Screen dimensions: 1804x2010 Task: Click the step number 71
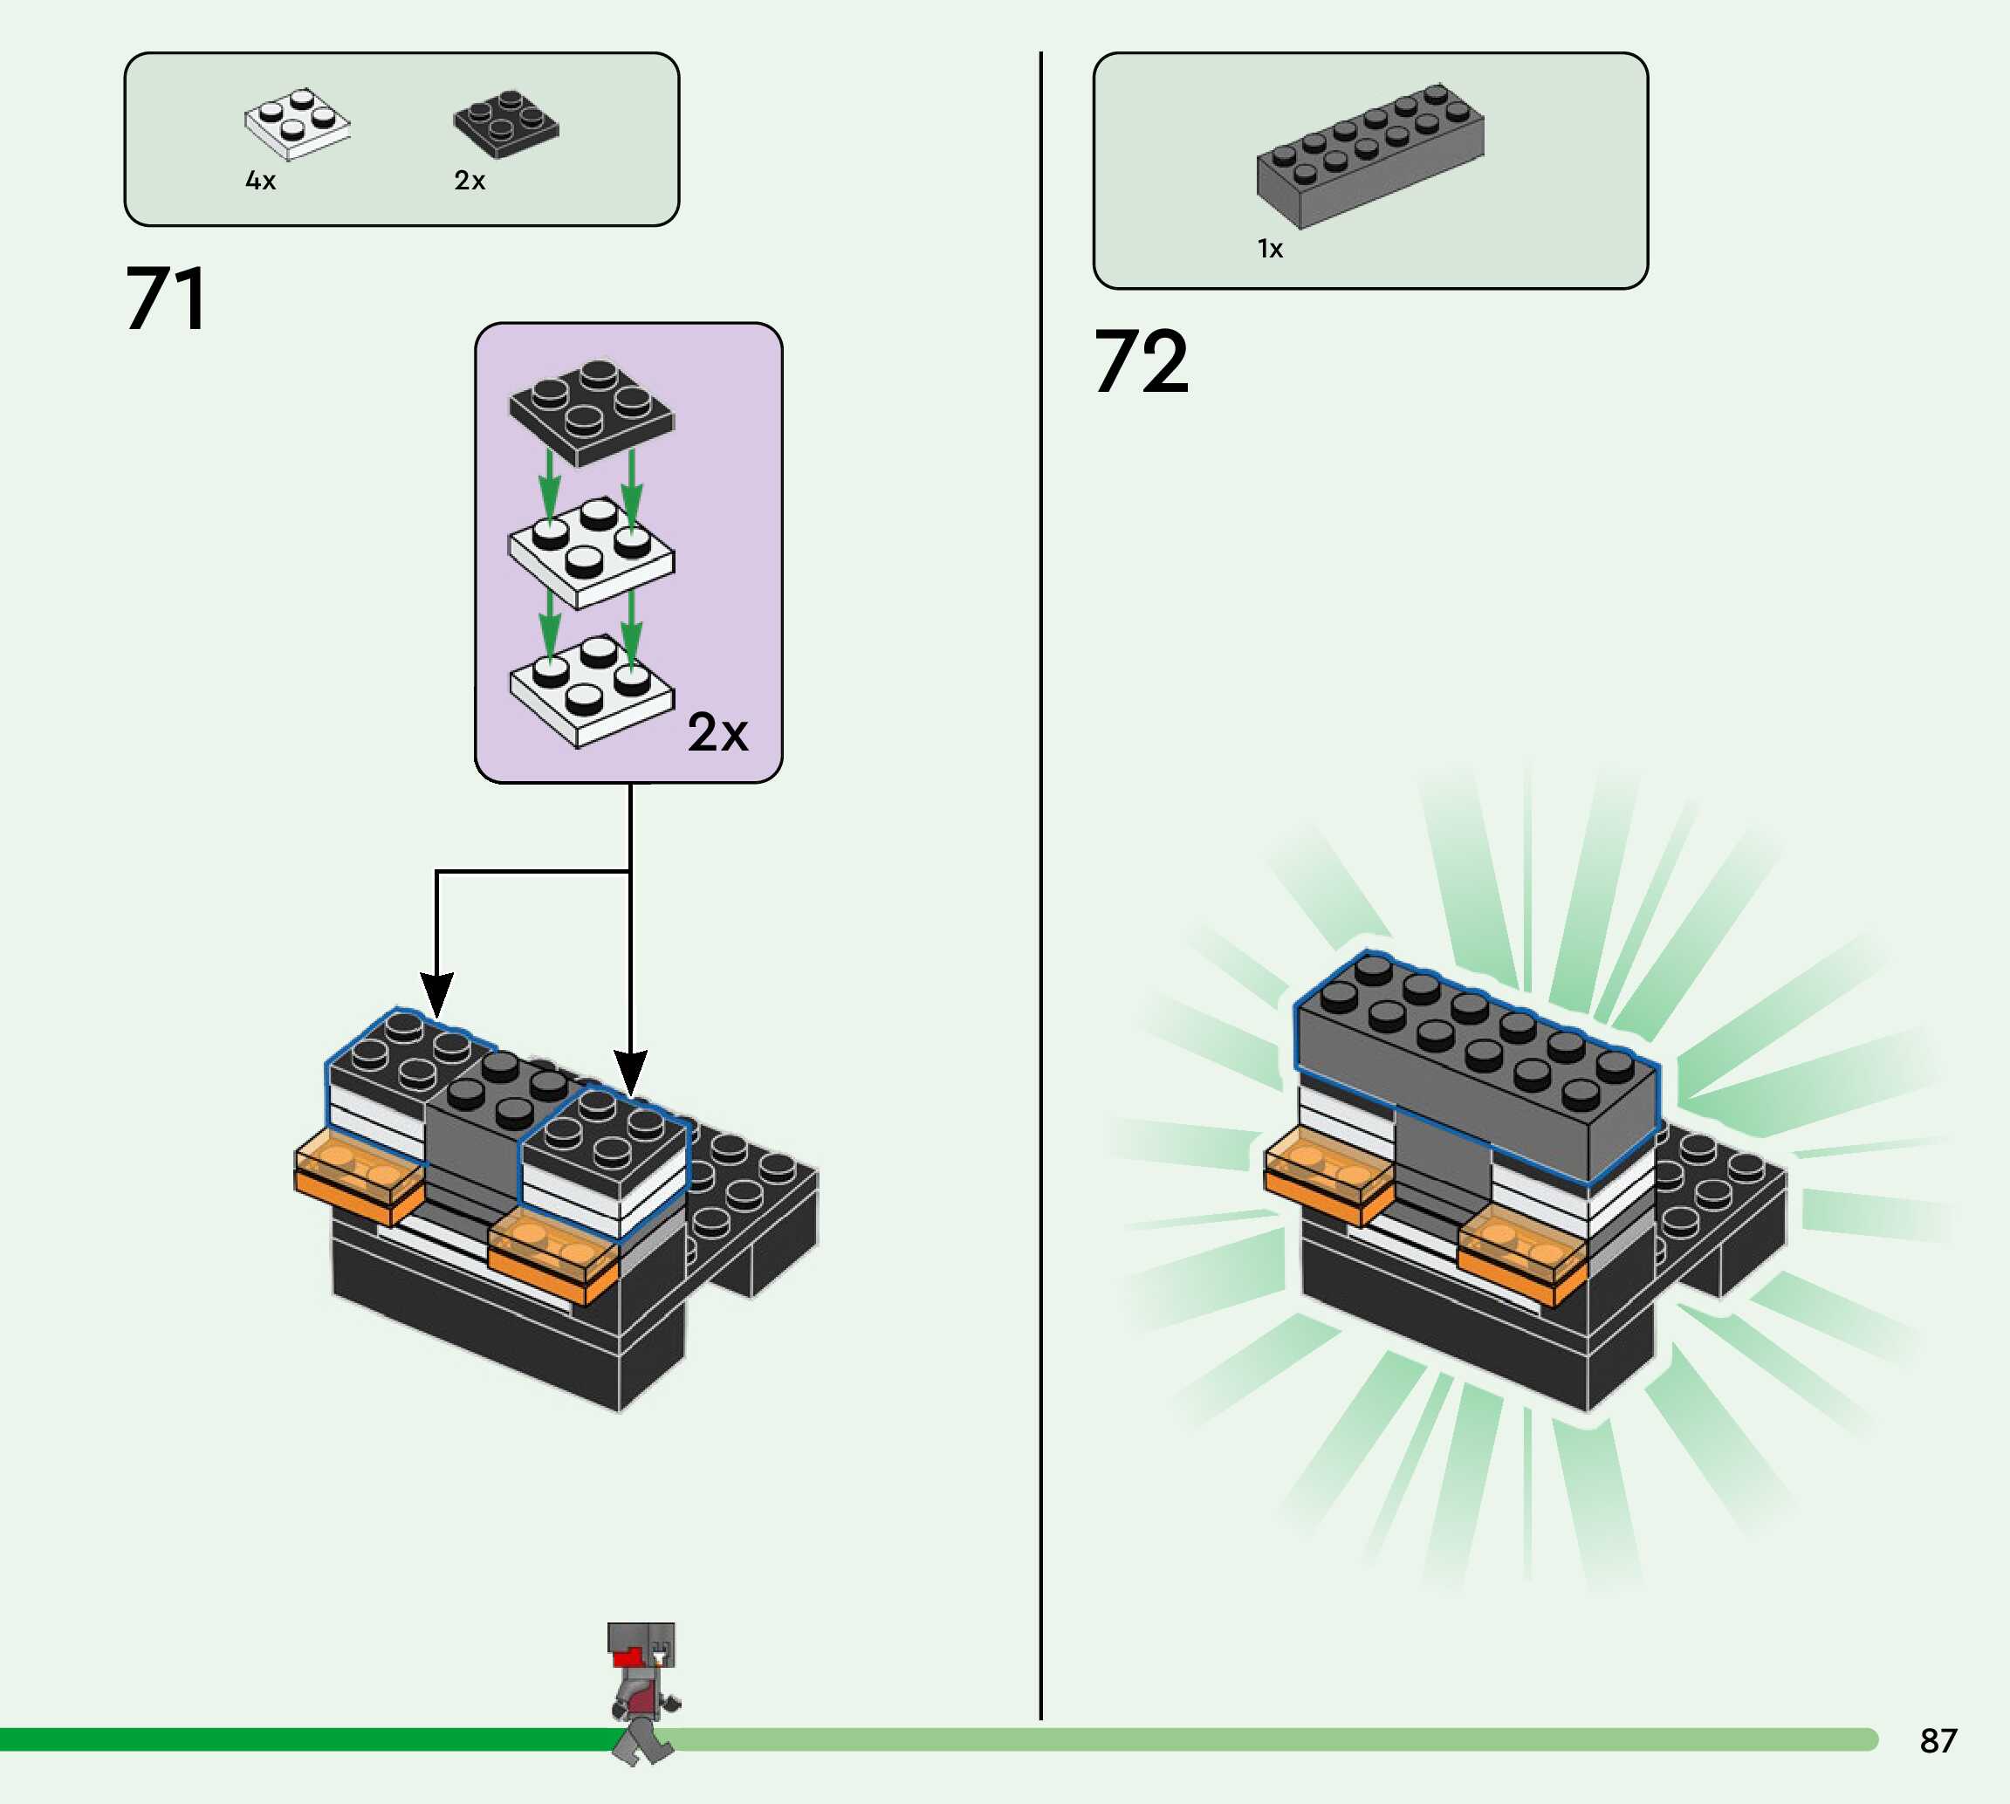tap(167, 298)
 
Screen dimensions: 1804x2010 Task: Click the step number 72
tap(1141, 362)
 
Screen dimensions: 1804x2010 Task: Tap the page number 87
tap(1938, 1740)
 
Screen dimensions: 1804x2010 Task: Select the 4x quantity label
tap(261, 181)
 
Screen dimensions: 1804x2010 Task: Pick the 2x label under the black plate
tap(470, 181)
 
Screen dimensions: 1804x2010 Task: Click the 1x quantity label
tap(1270, 249)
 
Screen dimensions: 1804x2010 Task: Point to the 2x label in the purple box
tap(717, 732)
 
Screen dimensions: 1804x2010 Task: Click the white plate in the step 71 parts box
tap(298, 124)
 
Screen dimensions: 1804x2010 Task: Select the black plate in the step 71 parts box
tap(506, 124)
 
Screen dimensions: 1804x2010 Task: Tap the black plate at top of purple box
tap(592, 411)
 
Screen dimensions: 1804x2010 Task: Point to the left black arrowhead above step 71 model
tap(436, 993)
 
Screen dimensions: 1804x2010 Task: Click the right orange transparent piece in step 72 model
tap(1522, 1254)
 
